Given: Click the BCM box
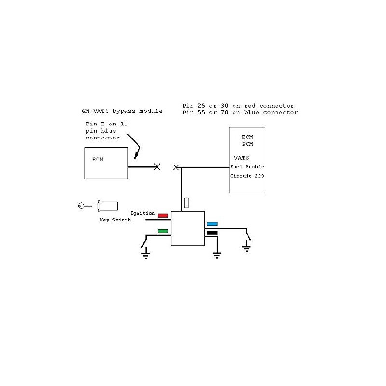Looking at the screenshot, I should pos(107,163).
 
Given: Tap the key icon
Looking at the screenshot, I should pos(84,206).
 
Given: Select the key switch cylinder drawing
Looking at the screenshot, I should pos(108,206).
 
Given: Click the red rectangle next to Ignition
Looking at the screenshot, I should pos(163,215).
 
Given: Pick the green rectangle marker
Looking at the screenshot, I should pos(163,231).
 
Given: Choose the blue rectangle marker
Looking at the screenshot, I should pos(212,224).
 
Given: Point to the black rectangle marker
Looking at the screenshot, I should pos(212,233).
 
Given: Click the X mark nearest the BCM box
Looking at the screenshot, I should pos(157,167).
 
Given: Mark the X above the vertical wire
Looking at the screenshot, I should pos(176,167).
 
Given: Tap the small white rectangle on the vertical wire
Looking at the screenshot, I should pos(187,202).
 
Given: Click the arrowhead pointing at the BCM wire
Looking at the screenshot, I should pos(137,154).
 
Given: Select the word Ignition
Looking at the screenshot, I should pos(143,213).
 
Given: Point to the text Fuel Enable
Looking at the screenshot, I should pos(247,167).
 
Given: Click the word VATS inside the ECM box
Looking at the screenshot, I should pos(242,158).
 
